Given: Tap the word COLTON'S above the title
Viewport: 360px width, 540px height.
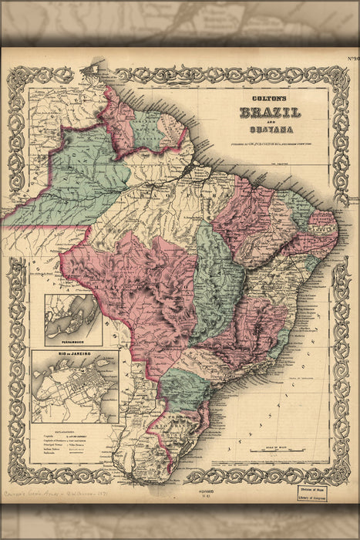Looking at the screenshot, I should coord(269,99).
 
